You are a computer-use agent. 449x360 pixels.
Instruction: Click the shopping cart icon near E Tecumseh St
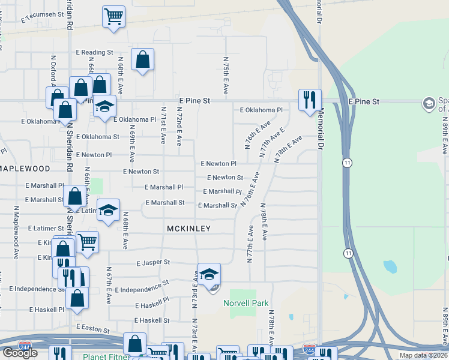click(x=113, y=17)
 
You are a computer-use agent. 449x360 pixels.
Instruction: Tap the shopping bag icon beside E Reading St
click(x=142, y=59)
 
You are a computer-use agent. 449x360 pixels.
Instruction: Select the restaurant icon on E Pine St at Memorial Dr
click(x=310, y=100)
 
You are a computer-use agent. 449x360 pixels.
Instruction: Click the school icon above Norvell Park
click(x=208, y=275)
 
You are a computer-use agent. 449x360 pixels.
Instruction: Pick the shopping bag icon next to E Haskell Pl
click(x=77, y=298)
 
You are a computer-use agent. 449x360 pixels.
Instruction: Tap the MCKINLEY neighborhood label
click(x=188, y=229)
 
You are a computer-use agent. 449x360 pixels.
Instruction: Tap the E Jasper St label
click(x=154, y=263)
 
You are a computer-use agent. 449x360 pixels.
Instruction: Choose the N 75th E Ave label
click(x=226, y=76)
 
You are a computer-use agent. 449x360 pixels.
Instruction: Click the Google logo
click(x=20, y=353)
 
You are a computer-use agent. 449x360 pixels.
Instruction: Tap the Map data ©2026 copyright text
click(x=423, y=355)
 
